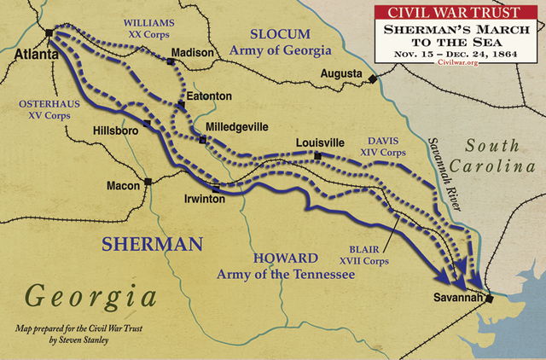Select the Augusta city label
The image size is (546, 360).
pyautogui.click(x=341, y=74)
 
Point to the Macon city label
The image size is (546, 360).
pyautogui.click(x=123, y=184)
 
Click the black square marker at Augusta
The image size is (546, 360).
pyautogui.click(x=373, y=79)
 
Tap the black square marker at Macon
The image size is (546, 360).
pyautogui.click(x=148, y=182)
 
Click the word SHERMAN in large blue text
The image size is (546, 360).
pyautogui.click(x=152, y=243)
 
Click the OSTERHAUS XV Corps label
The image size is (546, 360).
pyautogui.click(x=44, y=106)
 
